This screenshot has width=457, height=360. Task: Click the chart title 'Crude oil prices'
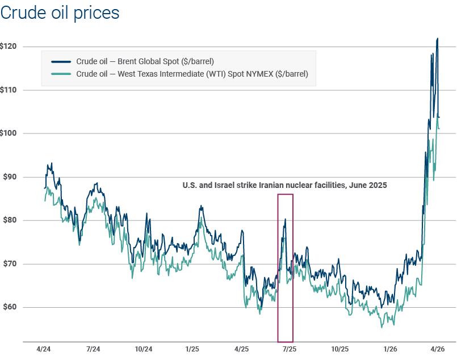click(60, 12)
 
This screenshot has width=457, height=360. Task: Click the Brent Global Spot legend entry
click(145, 61)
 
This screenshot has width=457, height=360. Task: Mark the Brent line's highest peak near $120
click(437, 39)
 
